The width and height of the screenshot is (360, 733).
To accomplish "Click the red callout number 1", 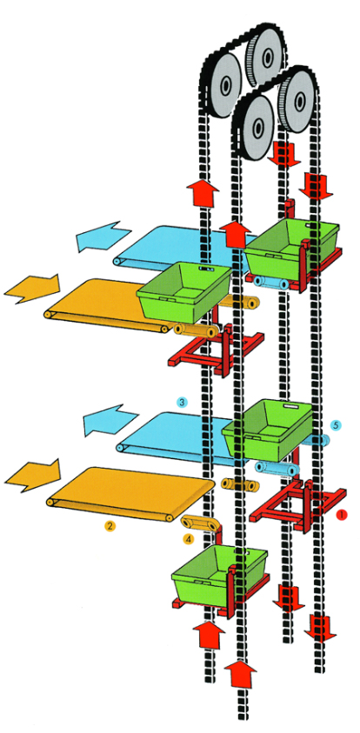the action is pyautogui.click(x=342, y=514).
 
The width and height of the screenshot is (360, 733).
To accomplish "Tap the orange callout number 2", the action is pyautogui.click(x=110, y=526).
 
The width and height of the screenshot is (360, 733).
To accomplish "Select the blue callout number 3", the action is pyautogui.click(x=183, y=402).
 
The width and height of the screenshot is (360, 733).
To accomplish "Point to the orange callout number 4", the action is pyautogui.click(x=189, y=539).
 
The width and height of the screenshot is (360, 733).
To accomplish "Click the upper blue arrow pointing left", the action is pyautogui.click(x=103, y=237).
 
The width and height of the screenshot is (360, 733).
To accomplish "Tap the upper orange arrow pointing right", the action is pyautogui.click(x=33, y=289).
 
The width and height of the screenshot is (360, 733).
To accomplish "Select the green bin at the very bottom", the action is pyautogui.click(x=219, y=572).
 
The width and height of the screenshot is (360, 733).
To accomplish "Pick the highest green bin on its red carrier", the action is pyautogui.click(x=291, y=248).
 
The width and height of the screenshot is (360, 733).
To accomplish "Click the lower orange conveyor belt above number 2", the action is pyautogui.click(x=131, y=493).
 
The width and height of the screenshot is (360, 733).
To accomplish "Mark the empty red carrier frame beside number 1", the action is pyautogui.click(x=298, y=506).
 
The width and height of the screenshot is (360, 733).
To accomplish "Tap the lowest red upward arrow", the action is pyautogui.click(x=241, y=672).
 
